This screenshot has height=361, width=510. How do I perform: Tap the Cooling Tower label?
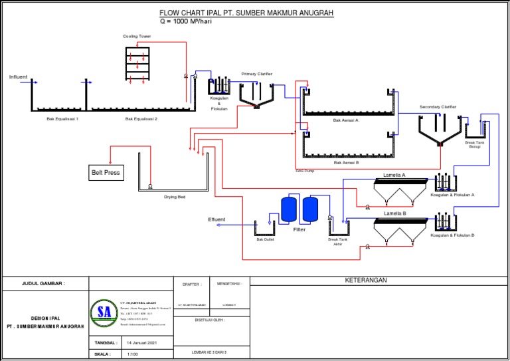(x=137, y=37)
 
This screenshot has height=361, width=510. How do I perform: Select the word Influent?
(x=19, y=77)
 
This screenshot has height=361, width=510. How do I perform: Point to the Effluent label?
(x=216, y=219)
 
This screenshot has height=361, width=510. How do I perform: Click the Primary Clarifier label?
(x=256, y=74)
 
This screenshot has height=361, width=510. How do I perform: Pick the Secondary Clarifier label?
(x=438, y=106)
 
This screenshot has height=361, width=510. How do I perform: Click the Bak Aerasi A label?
(x=346, y=120)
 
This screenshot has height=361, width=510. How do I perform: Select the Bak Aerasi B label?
(x=346, y=162)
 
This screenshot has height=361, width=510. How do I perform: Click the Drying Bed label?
(x=175, y=197)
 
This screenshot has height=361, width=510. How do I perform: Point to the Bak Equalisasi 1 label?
(x=62, y=119)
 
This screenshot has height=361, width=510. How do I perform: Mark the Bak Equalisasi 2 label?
(x=141, y=119)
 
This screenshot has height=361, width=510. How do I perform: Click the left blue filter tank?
(x=289, y=209)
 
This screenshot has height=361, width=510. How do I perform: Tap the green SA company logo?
(x=103, y=312)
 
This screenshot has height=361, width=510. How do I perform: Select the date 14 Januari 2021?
(x=141, y=343)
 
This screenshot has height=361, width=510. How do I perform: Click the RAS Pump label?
(x=305, y=171)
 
